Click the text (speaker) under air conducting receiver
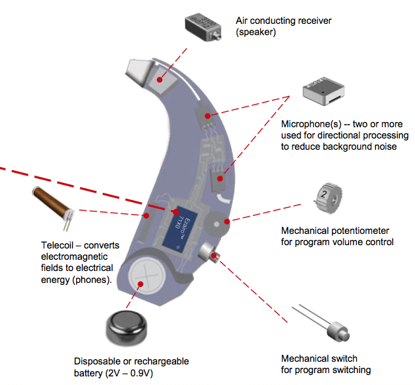click(x=257, y=31)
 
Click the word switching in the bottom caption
click(x=349, y=370)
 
